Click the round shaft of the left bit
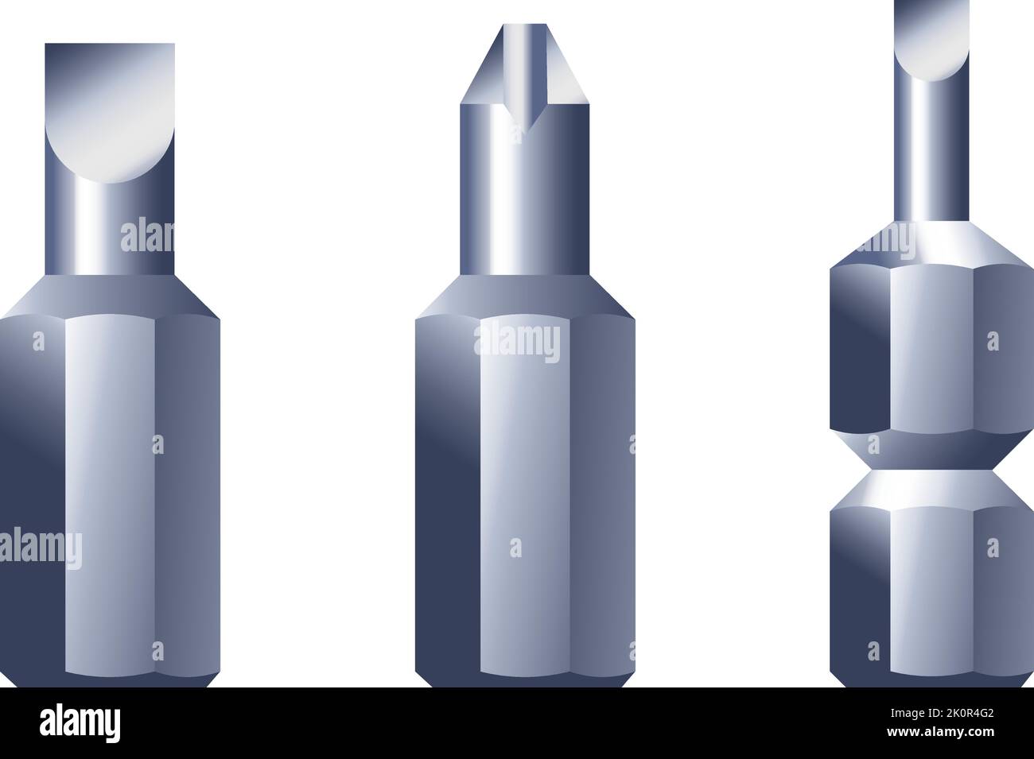click(x=110, y=230)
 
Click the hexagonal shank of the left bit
click(x=110, y=493)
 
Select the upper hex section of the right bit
click(x=931, y=350)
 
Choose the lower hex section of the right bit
click(x=931, y=588)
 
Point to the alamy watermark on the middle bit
click(x=517, y=343)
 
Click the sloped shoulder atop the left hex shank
click(x=110, y=294)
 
